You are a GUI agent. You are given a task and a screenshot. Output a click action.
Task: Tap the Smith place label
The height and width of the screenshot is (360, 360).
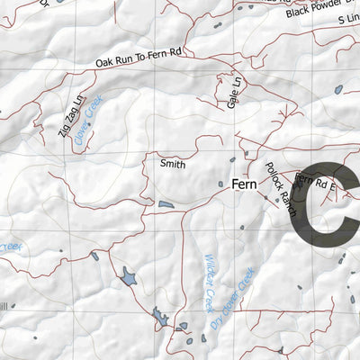[172, 164]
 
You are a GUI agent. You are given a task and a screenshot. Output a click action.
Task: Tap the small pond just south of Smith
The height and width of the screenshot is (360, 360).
[166, 205]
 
